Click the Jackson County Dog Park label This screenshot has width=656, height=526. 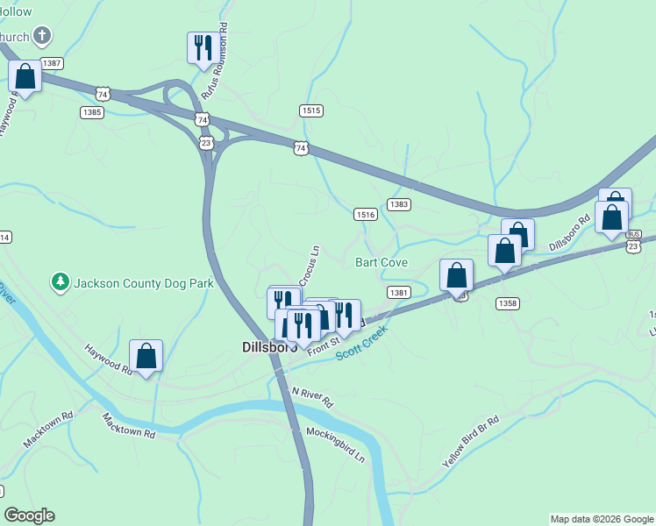point(144,283)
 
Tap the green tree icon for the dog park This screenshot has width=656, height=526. point(61,282)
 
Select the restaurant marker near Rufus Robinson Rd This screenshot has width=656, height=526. point(203,47)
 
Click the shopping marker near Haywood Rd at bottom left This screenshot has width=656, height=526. point(146,355)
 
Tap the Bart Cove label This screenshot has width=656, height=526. point(381,263)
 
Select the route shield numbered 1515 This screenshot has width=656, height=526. point(311,110)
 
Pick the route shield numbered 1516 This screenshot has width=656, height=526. point(366,215)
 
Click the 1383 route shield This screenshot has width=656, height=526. point(399,204)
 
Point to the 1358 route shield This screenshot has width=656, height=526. point(507,303)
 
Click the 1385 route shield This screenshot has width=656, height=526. point(92,112)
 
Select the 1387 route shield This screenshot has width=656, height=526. point(51,63)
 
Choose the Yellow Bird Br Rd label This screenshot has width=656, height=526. point(470,440)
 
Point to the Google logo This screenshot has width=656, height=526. point(29,515)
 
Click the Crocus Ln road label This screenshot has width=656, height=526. point(310,265)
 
